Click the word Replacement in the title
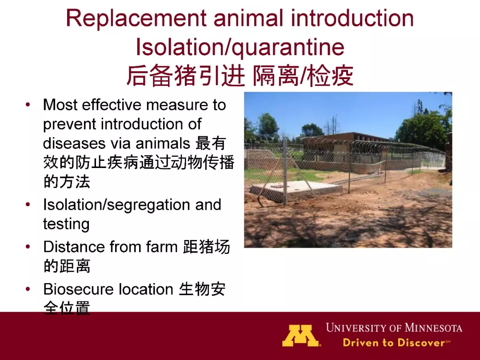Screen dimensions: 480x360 pyautogui.click(x=136, y=18)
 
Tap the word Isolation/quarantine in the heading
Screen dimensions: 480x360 pyautogui.click(x=240, y=48)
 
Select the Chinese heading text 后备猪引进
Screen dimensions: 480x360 pyautogui.click(x=185, y=75)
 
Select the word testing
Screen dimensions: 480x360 pyautogui.click(x=66, y=224)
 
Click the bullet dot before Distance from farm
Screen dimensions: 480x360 pyautogui.click(x=28, y=247)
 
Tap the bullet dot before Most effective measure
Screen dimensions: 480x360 pyautogui.click(x=28, y=105)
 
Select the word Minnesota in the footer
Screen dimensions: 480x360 pyautogui.click(x=433, y=328)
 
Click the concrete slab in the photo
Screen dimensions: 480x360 pyautogui.click(x=294, y=187)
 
